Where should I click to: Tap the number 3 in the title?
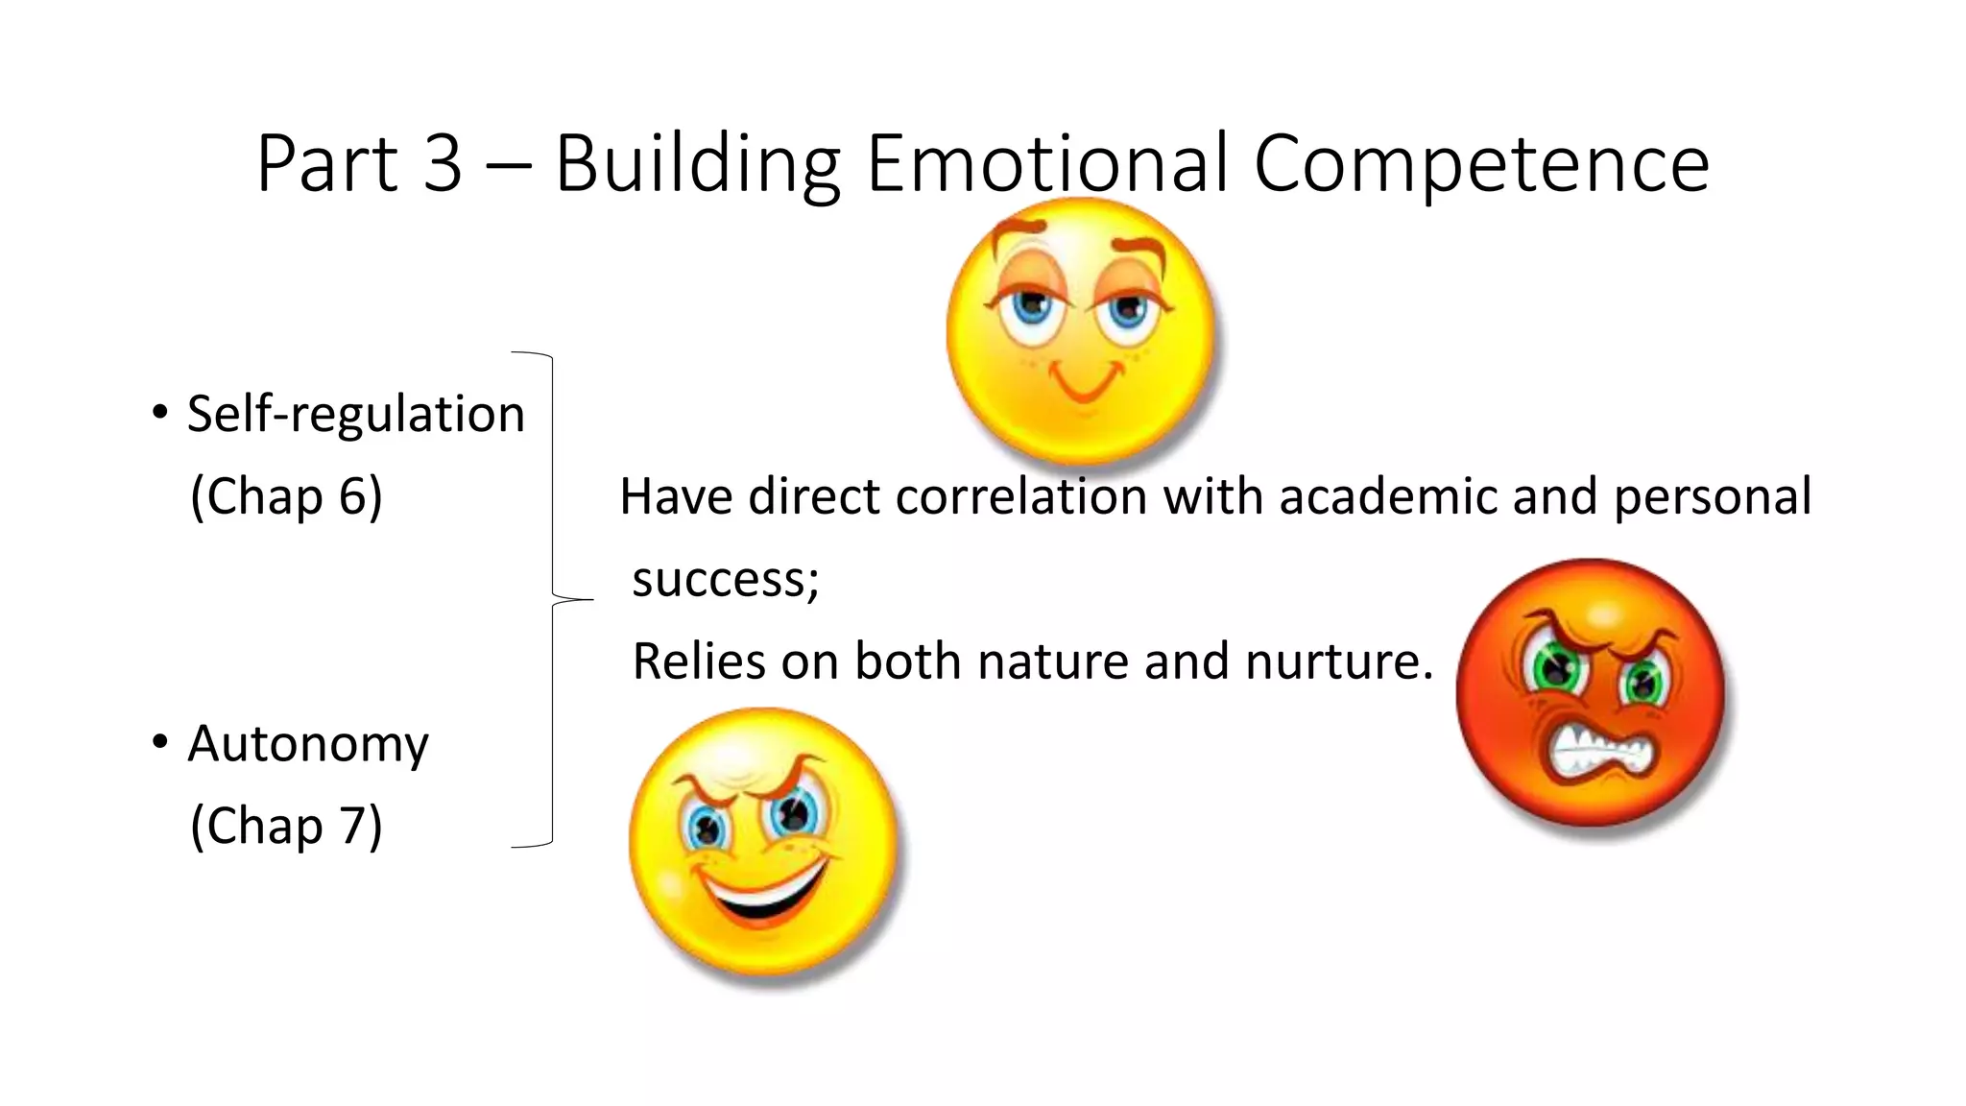coord(443,163)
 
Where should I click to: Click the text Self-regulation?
coord(355,415)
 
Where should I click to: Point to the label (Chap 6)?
coord(286,497)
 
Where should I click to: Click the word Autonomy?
coord(307,744)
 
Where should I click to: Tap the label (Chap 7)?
coord(286,827)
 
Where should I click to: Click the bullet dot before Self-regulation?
coord(160,413)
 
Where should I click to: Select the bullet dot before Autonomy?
coord(160,742)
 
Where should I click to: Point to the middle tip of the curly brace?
coord(589,600)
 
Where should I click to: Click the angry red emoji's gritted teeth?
coord(1600,750)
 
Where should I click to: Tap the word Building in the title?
coord(697,163)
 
